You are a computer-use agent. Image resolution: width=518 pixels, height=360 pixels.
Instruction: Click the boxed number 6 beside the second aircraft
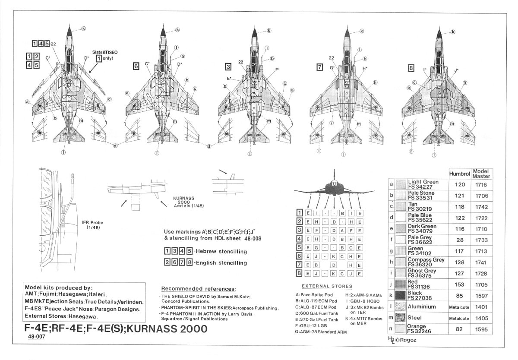pyautogui.click(x=136, y=66)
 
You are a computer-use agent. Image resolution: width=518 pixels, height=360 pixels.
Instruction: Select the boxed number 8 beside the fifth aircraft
pyautogui.click(x=412, y=67)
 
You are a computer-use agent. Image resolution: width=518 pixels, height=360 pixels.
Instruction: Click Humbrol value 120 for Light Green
pyautogui.click(x=459, y=184)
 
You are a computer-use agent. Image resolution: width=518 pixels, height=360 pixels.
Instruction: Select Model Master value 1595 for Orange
pyautogui.click(x=480, y=329)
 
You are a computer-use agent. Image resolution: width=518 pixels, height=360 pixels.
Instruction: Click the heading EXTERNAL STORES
pyautogui.click(x=327, y=286)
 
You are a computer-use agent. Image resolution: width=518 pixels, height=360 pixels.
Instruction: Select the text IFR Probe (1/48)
pyautogui.click(x=92, y=224)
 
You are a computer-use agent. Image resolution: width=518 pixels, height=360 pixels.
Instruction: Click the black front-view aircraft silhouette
pyautogui.click(x=334, y=188)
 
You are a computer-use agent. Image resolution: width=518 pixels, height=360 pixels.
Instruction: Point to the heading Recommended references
pyautogui.click(x=199, y=288)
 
